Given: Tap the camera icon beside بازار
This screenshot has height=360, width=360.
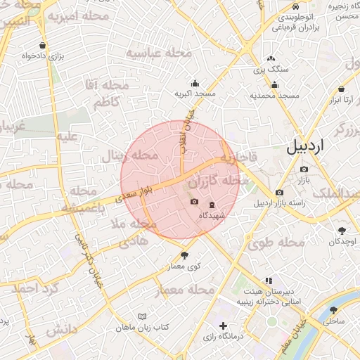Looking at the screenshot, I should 304,169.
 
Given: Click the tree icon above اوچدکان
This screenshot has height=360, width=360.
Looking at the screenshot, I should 342,230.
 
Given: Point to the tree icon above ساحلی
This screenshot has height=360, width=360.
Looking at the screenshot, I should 334,309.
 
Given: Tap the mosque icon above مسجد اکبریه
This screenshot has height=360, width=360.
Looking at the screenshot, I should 195,83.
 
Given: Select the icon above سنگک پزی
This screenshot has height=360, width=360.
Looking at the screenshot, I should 271,59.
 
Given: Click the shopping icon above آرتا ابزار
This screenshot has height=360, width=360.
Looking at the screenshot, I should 342,89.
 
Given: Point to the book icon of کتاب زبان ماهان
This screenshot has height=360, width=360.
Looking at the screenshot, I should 143,316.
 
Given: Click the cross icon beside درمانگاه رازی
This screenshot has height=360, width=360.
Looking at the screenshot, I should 224,326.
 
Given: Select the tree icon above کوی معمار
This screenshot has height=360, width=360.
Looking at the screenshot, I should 185,256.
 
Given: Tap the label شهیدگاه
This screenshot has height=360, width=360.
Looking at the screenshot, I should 212,215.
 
